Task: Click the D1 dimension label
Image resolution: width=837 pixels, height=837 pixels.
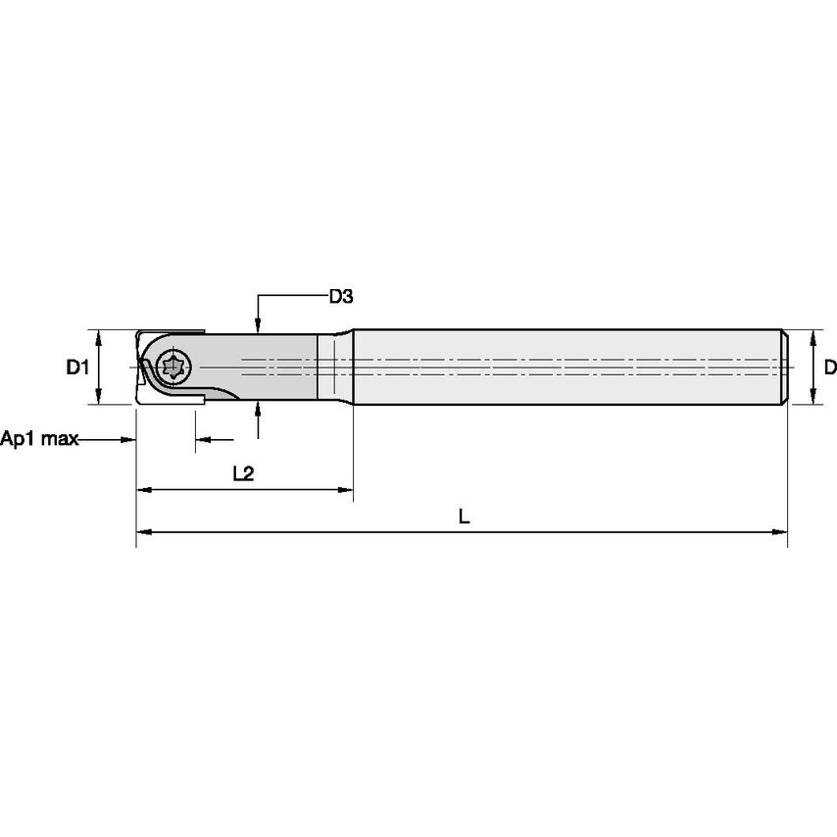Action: pyautogui.click(x=77, y=368)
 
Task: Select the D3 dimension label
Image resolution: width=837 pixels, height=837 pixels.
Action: pyautogui.click(x=340, y=296)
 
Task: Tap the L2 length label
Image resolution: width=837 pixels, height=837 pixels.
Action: pyautogui.click(x=243, y=473)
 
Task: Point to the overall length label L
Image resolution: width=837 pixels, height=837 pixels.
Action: pyautogui.click(x=465, y=517)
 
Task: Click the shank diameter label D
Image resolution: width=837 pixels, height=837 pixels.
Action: pyautogui.click(x=829, y=368)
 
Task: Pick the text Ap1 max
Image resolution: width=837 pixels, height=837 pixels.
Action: pyautogui.click(x=39, y=438)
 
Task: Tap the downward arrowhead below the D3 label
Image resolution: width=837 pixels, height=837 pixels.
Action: pyautogui.click(x=258, y=326)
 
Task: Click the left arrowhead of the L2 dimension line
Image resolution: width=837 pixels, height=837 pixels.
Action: pyautogui.click(x=143, y=488)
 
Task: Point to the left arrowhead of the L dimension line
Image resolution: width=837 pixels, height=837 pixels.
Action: pyautogui.click(x=143, y=531)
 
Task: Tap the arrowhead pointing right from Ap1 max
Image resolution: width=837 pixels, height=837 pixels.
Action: pyautogui.click(x=128, y=439)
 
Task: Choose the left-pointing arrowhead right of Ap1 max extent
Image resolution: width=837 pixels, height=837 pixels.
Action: pyautogui.click(x=201, y=440)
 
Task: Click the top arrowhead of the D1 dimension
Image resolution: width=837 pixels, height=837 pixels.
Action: pyautogui.click(x=99, y=336)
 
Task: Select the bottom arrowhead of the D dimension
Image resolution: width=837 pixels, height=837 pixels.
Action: pyautogui.click(x=812, y=398)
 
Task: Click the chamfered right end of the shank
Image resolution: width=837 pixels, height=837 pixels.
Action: pyautogui.click(x=785, y=368)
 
